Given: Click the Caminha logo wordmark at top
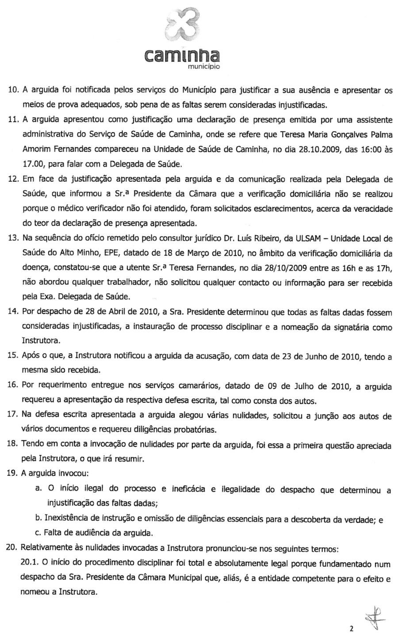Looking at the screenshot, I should click(182, 55).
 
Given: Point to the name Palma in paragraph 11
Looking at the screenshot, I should click(382, 134).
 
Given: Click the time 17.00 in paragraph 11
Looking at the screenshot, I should click(32, 164).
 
